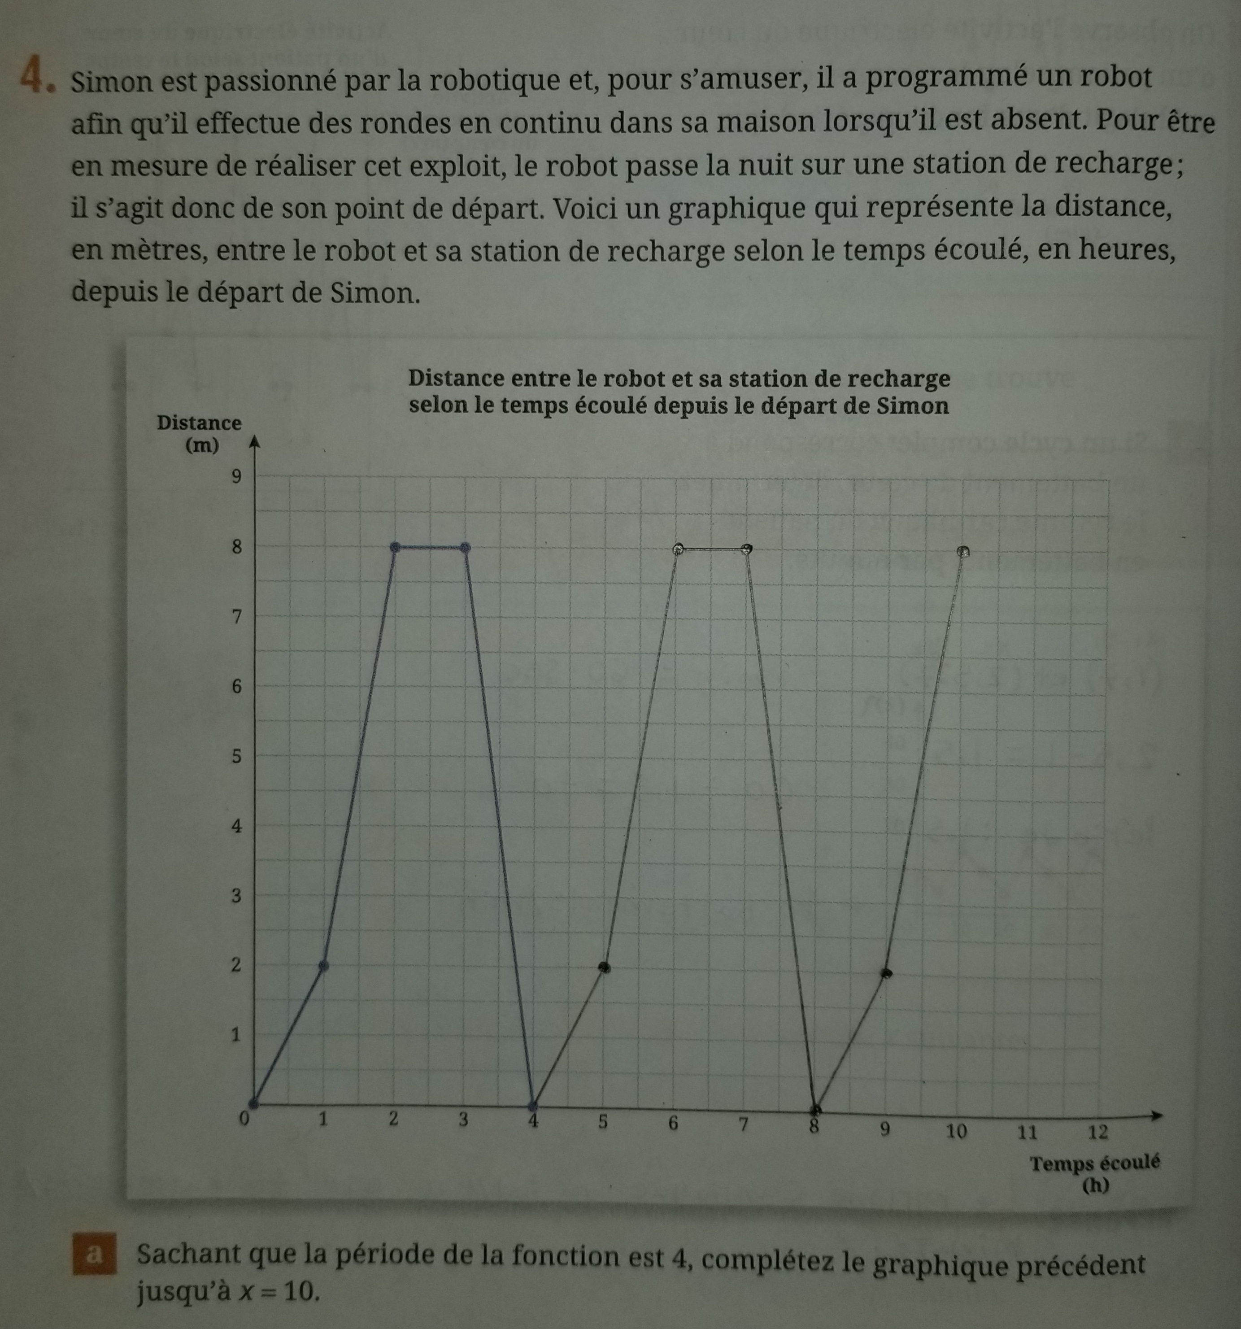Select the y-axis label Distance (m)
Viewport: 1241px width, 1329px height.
199,434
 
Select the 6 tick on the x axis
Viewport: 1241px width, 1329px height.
673,1124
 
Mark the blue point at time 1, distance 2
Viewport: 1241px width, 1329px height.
324,965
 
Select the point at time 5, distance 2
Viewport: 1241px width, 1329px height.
605,967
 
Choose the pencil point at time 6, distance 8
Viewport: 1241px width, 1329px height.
679,549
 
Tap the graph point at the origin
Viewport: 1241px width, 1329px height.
254,1102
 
